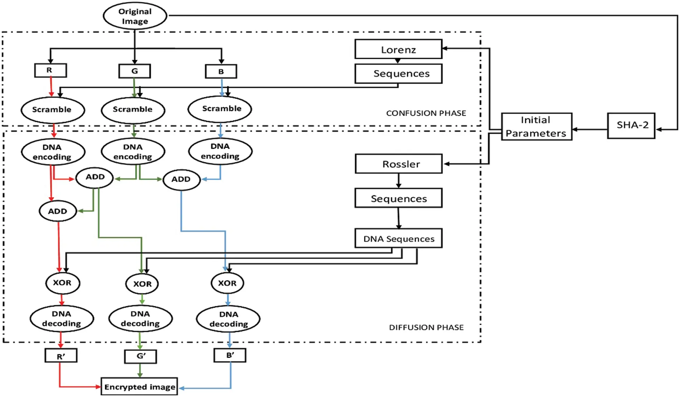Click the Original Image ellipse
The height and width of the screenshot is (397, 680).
tap(135, 16)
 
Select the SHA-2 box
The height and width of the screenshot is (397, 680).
tap(631, 126)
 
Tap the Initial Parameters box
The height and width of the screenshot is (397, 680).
tap(536, 126)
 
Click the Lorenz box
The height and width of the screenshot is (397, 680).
tap(398, 49)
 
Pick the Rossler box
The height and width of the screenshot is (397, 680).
tap(398, 164)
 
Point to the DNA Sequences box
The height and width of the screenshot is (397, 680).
tap(398, 238)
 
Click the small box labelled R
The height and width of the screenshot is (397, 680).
tap(50, 70)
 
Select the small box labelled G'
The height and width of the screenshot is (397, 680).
tap(140, 356)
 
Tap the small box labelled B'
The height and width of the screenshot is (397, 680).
tap(230, 355)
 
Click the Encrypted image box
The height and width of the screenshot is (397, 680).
tap(139, 387)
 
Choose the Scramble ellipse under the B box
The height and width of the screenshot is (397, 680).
tap(220, 109)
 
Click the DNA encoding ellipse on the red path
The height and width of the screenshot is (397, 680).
tap(53, 152)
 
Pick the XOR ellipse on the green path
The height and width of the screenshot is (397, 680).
tap(142, 284)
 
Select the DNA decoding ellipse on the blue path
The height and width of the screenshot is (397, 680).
tap(228, 319)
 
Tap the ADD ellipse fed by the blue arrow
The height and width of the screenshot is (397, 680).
tap(181, 180)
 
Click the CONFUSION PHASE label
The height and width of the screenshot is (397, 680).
tap(426, 113)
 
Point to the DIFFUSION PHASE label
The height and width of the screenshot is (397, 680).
tap(426, 327)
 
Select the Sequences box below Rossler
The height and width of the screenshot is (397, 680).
tap(398, 198)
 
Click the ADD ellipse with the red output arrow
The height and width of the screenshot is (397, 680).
tap(58, 211)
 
